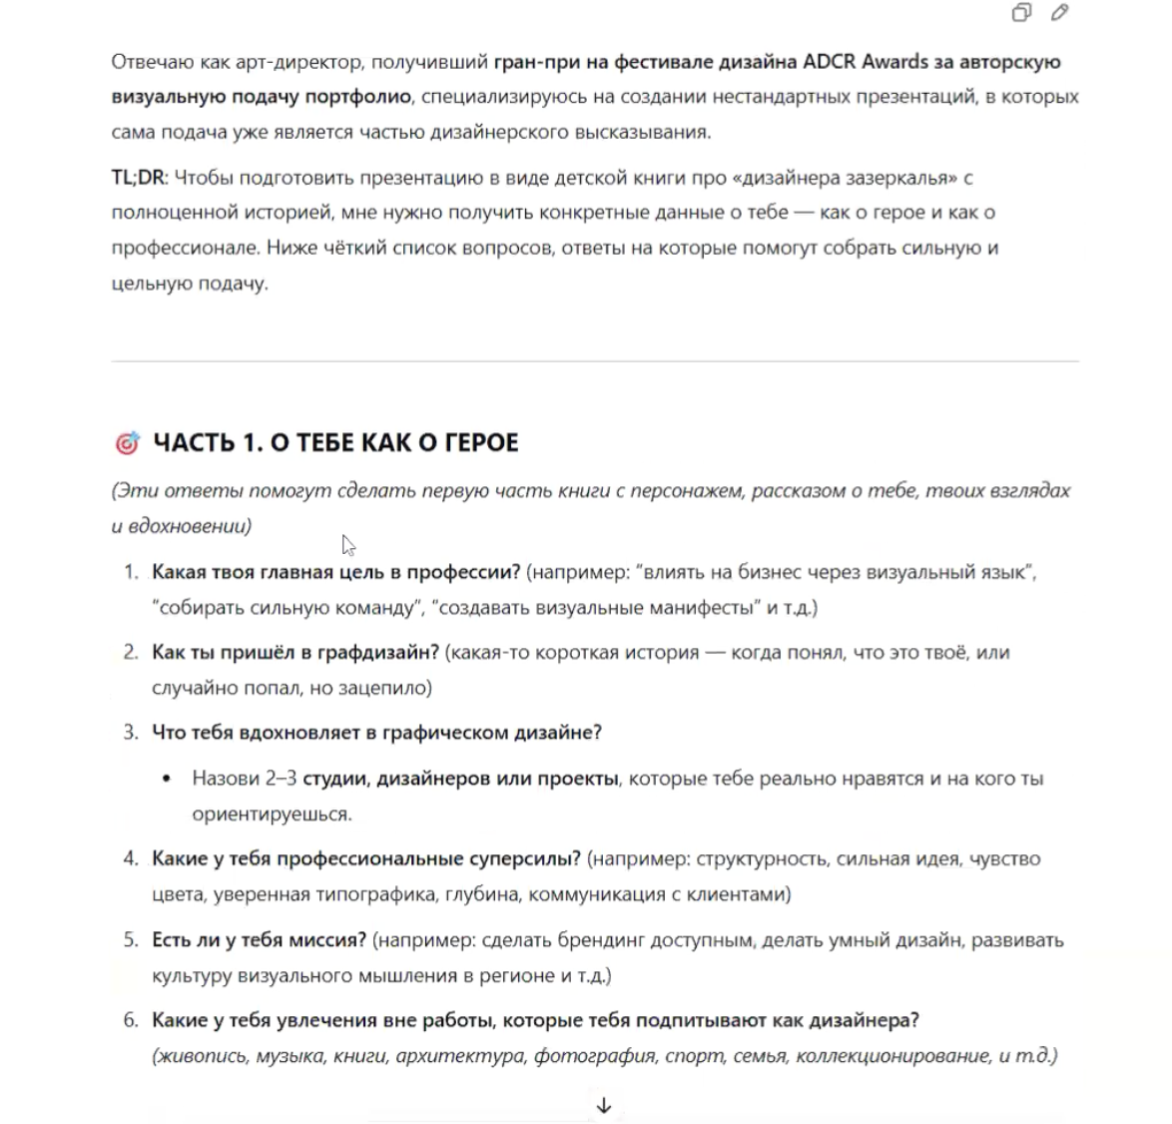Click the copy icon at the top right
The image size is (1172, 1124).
pyautogui.click(x=1021, y=13)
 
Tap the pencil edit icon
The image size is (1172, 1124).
pyautogui.click(x=1060, y=13)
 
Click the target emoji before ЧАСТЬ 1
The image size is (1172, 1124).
pyautogui.click(x=127, y=443)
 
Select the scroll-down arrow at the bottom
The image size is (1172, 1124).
pyautogui.click(x=603, y=1105)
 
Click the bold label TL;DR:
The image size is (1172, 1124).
pyautogui.click(x=139, y=178)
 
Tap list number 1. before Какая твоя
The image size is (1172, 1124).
pyautogui.click(x=131, y=572)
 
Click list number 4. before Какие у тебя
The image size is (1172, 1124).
pyautogui.click(x=131, y=858)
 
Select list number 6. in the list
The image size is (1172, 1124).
pyautogui.click(x=131, y=1020)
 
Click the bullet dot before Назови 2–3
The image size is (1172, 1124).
pyautogui.click(x=168, y=779)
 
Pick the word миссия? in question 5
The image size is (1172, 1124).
pyautogui.click(x=327, y=940)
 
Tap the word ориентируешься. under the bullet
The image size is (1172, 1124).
pyautogui.click(x=272, y=814)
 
